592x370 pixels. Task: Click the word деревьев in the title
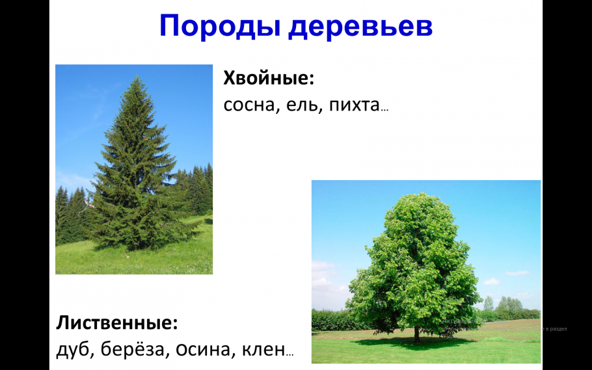click(x=360, y=26)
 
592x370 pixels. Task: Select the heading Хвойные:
click(x=269, y=79)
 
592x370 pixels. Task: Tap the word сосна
click(x=249, y=105)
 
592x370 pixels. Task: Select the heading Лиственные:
click(x=117, y=323)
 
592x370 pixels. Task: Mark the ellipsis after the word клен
click(x=289, y=354)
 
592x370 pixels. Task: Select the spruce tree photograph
click(x=134, y=169)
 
